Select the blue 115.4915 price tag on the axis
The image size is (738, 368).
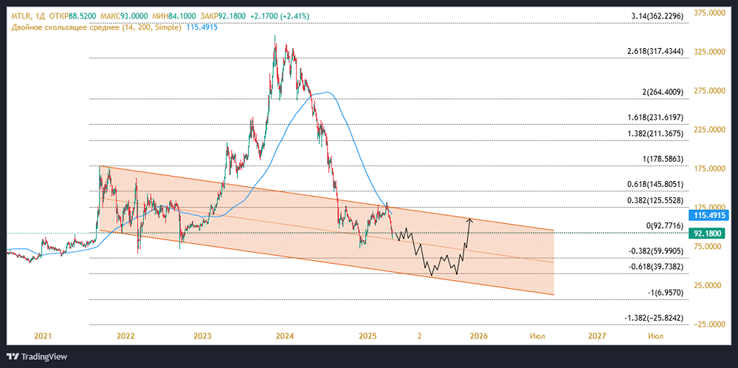[x=711, y=215]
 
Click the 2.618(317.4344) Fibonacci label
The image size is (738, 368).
[x=656, y=51]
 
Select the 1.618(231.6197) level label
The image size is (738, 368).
[x=656, y=117]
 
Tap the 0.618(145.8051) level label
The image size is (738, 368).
[x=656, y=184]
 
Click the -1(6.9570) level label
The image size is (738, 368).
[x=663, y=293]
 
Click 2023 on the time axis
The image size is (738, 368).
[x=203, y=335]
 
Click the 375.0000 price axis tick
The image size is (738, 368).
[x=711, y=13]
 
